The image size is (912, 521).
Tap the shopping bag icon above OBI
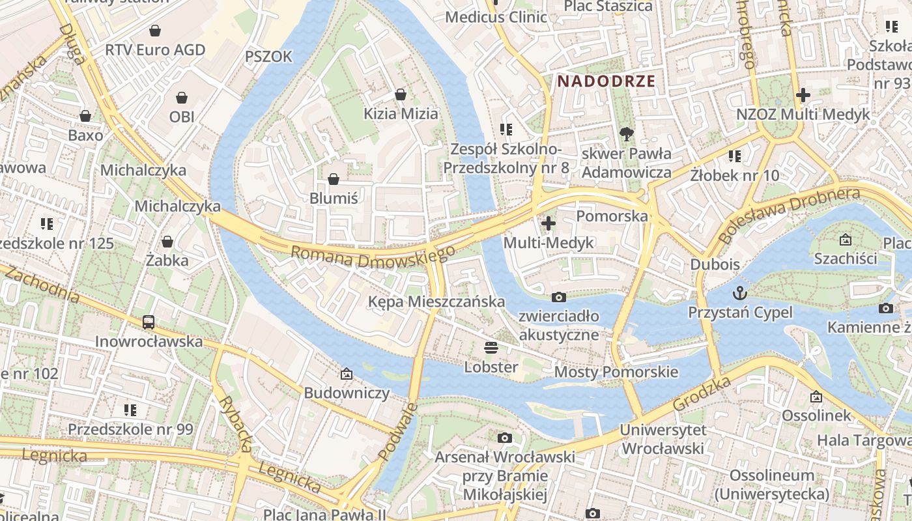(182, 98)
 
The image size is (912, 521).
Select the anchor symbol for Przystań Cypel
(740, 292)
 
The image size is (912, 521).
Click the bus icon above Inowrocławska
(149, 322)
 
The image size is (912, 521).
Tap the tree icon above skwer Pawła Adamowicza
(627, 134)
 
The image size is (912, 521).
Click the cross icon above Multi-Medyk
(549, 223)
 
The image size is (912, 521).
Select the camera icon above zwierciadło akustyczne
(558, 297)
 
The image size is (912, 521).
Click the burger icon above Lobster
(491, 347)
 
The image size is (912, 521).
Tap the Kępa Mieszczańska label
(436, 302)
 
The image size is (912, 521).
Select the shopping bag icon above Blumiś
(334, 178)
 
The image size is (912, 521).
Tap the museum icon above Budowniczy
(346, 374)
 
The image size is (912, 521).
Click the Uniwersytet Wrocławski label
(663, 439)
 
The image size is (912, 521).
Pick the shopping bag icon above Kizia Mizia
(401, 94)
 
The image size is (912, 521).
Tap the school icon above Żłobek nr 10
(735, 156)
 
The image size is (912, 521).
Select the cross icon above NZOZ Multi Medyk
(803, 95)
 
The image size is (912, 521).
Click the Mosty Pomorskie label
(616, 372)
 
